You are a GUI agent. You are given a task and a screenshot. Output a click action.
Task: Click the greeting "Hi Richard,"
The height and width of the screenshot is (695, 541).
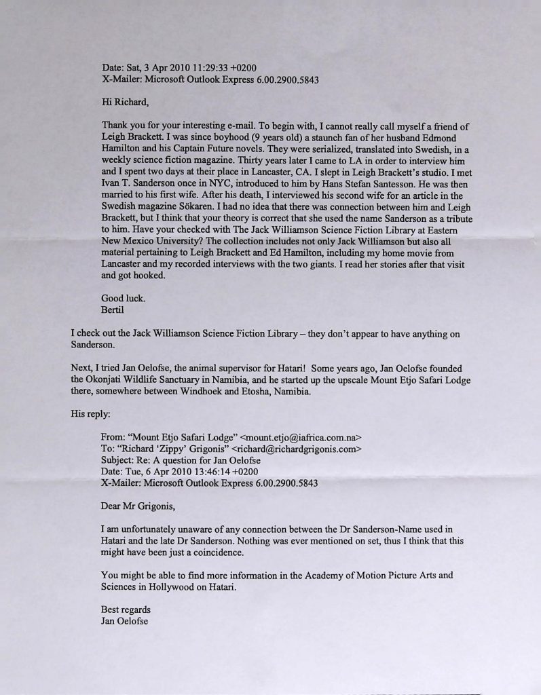[124, 102]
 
